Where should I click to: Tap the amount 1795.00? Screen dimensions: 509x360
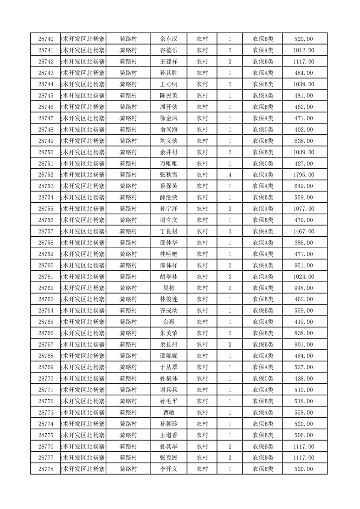[304, 175]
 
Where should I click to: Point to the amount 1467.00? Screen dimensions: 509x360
[304, 231]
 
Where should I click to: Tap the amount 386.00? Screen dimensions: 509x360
[304, 243]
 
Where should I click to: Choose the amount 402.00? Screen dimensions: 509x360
[304, 130]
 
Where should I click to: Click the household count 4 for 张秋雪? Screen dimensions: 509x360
[230, 175]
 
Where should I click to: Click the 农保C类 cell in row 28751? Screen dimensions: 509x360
[263, 163]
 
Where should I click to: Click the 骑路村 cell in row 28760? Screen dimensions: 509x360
[128, 265]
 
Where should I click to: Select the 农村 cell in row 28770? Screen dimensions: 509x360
[202, 378]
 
